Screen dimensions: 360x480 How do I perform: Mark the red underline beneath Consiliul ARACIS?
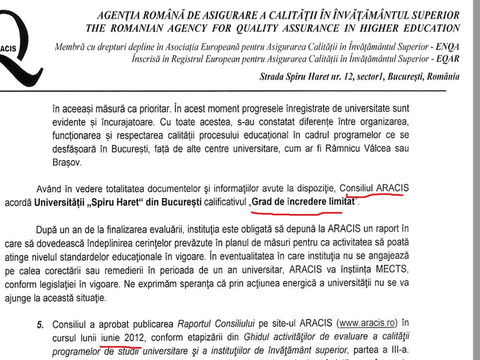374,195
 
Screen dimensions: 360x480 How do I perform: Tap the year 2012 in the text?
133,338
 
